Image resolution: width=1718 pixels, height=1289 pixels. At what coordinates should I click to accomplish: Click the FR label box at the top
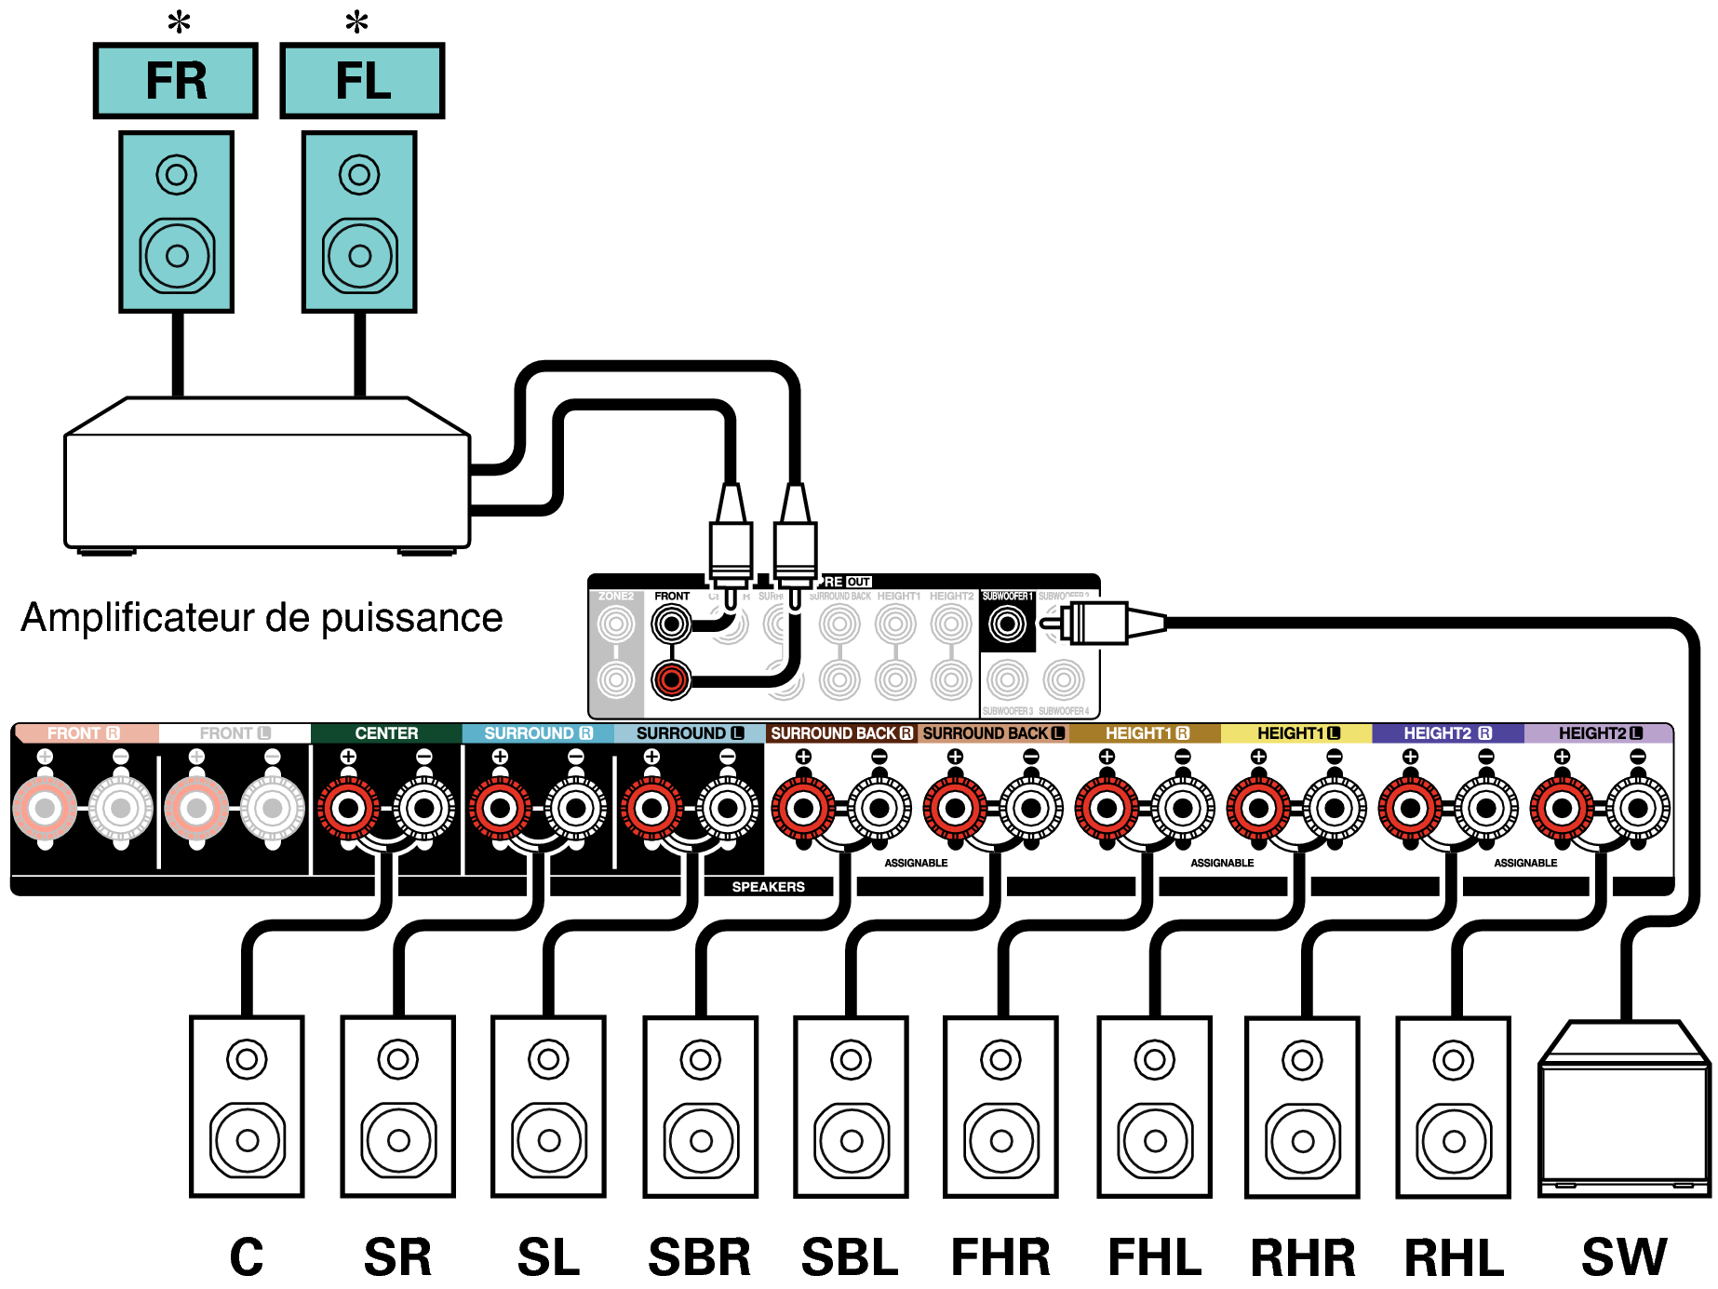[175, 81]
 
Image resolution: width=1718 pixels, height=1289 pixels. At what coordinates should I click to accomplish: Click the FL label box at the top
[362, 81]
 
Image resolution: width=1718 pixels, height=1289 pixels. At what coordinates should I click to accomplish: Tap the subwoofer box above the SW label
[1624, 1112]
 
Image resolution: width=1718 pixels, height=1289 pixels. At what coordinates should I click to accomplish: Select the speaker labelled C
[247, 1107]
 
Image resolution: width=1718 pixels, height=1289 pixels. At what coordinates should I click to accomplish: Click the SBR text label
[699, 1257]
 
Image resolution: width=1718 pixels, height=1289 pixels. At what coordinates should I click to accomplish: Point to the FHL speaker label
[1154, 1257]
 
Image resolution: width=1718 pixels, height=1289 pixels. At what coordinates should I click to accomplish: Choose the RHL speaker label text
[1454, 1257]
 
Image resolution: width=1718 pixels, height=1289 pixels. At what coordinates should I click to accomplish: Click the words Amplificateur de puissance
[262, 618]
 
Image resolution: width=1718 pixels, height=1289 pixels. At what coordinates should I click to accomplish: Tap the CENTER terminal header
[386, 733]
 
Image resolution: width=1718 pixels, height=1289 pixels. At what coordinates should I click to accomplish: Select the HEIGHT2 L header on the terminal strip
[1599, 733]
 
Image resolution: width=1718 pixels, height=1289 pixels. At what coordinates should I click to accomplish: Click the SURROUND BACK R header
[840, 733]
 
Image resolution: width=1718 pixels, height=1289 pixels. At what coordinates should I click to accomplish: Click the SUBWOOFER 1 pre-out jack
[1007, 624]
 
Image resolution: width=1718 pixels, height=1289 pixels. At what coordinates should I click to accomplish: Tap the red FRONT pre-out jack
[671, 679]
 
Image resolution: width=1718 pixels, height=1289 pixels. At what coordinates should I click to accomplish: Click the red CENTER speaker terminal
[348, 808]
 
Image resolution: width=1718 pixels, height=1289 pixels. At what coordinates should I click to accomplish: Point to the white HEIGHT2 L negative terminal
[1638, 808]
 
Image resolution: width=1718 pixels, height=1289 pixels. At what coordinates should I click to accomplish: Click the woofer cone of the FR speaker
[177, 255]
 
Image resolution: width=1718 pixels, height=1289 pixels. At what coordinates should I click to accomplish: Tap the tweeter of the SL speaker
[548, 1059]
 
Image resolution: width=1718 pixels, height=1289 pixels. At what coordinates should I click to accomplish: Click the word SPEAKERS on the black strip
[768, 887]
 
